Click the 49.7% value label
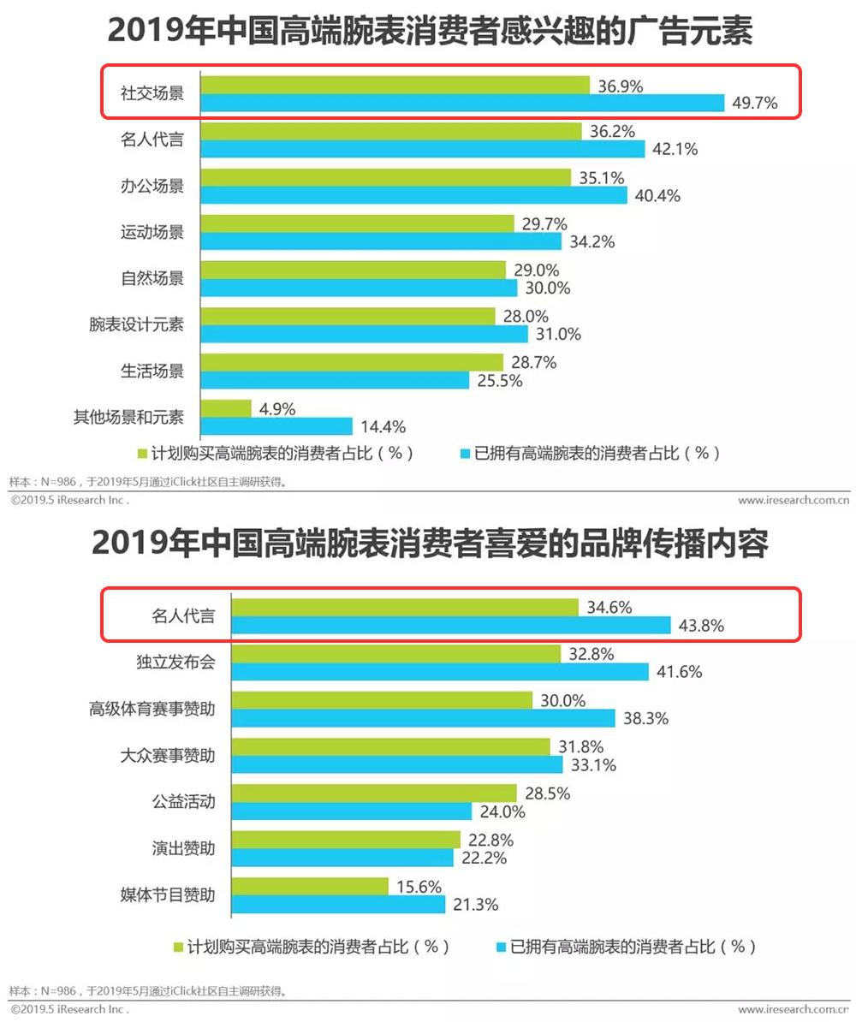point(755,104)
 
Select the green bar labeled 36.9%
point(395,85)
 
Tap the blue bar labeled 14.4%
point(276,425)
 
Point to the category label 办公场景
point(152,186)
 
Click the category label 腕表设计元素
point(136,325)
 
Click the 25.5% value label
point(500,381)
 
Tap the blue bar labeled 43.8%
point(452,626)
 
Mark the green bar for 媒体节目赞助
point(311,886)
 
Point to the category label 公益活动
point(178,802)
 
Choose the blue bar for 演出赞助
point(343,858)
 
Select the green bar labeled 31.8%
point(392,747)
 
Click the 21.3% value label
point(477,904)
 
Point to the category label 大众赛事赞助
point(167,756)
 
